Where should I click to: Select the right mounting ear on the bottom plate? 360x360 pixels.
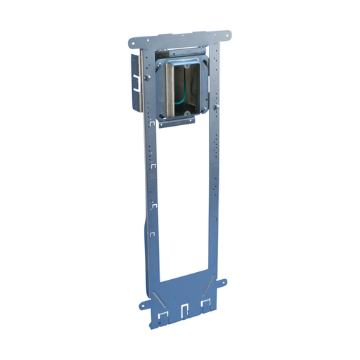221,283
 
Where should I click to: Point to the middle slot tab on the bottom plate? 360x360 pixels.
185,307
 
